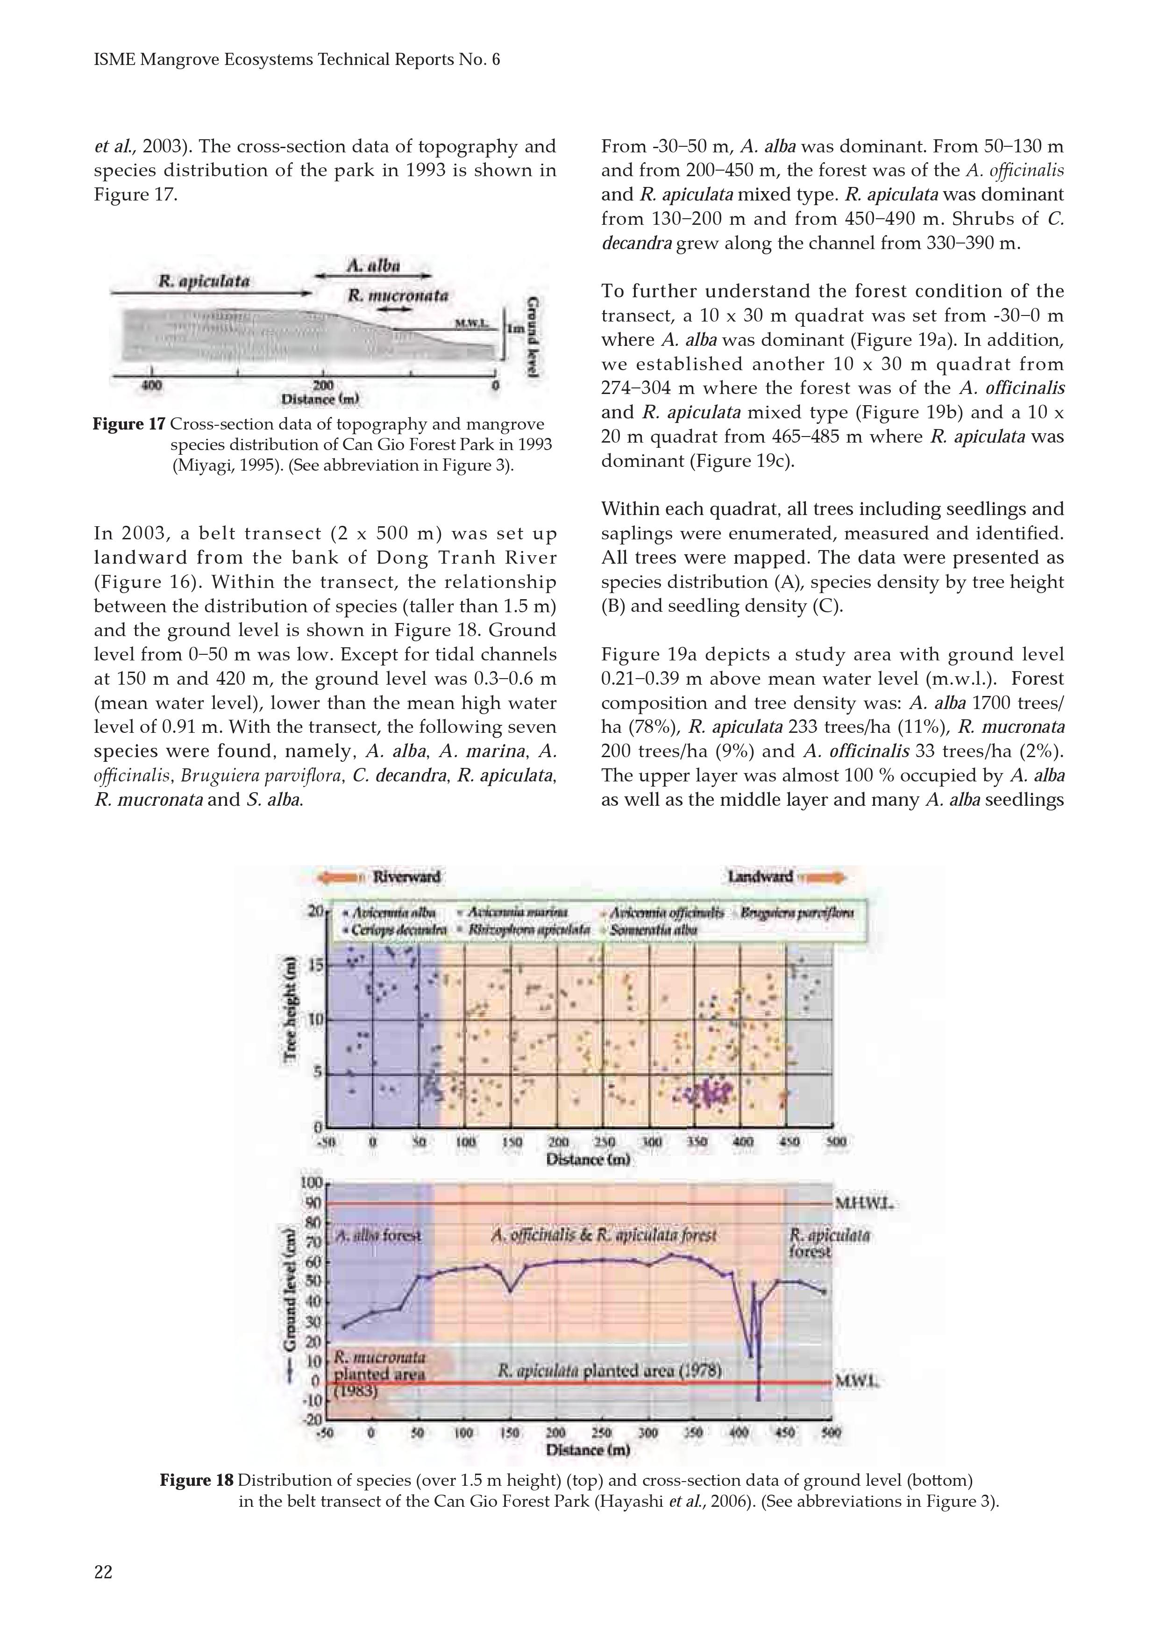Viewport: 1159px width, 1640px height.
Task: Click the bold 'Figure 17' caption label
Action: click(128, 424)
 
